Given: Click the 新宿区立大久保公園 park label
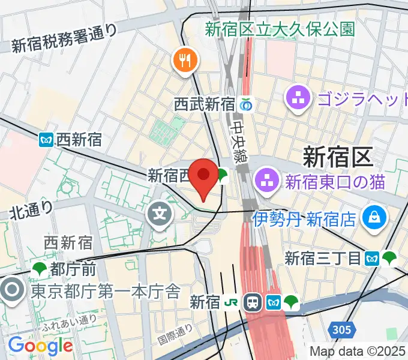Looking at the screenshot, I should [x=280, y=28].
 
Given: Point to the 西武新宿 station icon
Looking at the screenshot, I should [x=245, y=104].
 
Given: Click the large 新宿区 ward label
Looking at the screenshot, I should [x=337, y=157].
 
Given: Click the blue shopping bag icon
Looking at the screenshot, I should [x=374, y=216].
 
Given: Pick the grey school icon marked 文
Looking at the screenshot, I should [x=160, y=212].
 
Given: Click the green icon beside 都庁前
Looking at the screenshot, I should [x=41, y=268].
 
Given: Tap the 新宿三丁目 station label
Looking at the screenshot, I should [x=322, y=259].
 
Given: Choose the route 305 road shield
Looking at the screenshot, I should [x=340, y=328].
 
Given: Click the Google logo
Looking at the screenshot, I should [x=40, y=346].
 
